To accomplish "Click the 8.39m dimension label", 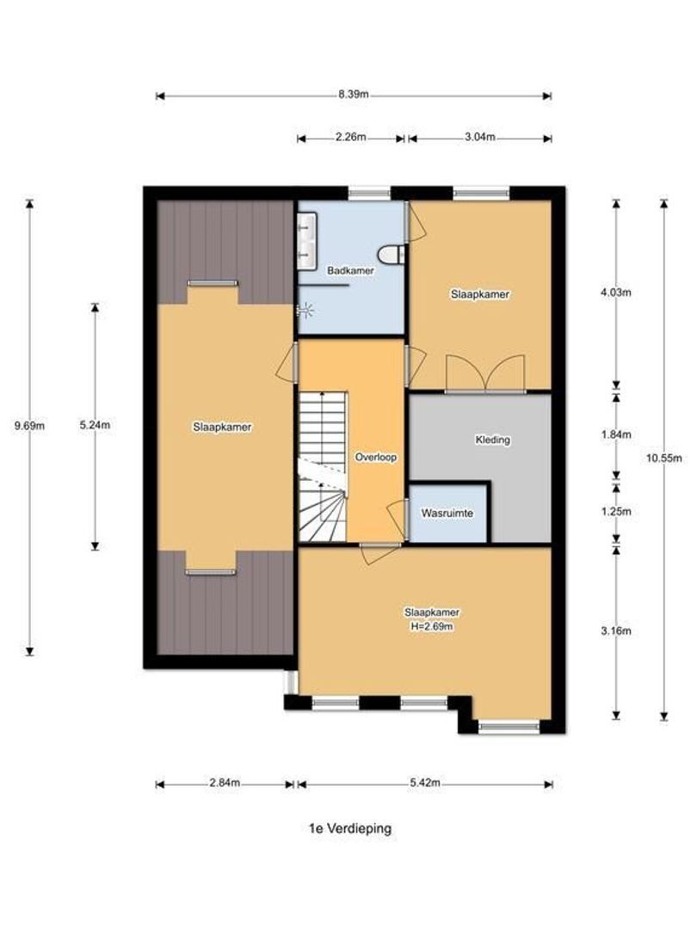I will click(353, 95).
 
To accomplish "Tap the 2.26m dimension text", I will click(350, 138).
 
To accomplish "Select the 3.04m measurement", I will click(478, 138).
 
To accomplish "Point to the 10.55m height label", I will click(663, 458).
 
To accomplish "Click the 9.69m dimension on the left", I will click(29, 424).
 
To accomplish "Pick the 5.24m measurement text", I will click(95, 424).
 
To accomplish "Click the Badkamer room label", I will click(350, 271).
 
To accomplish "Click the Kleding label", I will click(492, 440).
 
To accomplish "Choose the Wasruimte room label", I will click(447, 514).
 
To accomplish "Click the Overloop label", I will click(376, 458).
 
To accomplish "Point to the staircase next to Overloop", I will click(322, 464).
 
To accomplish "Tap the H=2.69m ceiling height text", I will click(431, 626).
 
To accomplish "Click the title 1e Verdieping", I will click(350, 828).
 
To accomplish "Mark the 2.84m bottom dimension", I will click(225, 784).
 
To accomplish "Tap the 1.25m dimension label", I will click(616, 511).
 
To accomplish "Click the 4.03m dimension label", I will click(616, 292).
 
